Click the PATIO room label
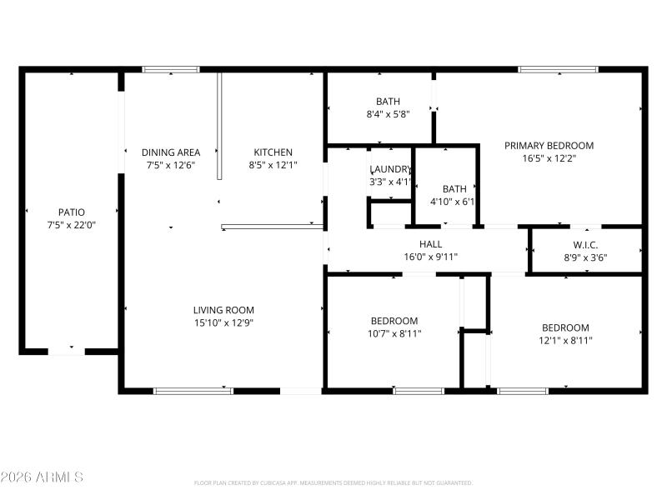click(x=71, y=212)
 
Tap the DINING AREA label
click(x=171, y=152)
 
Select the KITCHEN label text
click(x=273, y=152)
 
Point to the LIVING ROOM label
click(x=223, y=310)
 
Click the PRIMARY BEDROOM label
click(x=549, y=146)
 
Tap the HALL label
click(x=431, y=244)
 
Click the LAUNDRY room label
click(x=390, y=169)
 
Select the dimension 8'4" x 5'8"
click(x=388, y=114)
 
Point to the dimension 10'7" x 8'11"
click(x=394, y=333)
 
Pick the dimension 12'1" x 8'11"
click(x=565, y=340)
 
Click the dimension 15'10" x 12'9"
click(x=223, y=322)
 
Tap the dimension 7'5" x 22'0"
click(x=71, y=225)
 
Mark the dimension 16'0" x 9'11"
click(x=431, y=257)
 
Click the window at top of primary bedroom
click(x=559, y=70)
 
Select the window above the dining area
click(x=171, y=70)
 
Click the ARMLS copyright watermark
click(x=42, y=477)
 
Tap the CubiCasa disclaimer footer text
click(x=333, y=482)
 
